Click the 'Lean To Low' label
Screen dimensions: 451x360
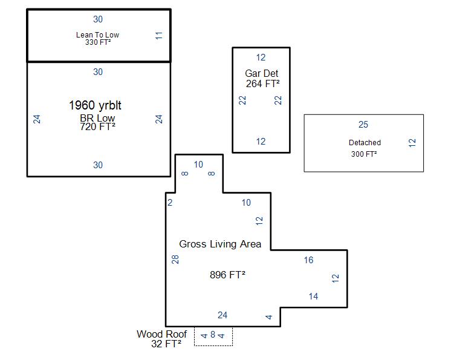tap(97, 35)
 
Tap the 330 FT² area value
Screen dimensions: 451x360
tap(98, 42)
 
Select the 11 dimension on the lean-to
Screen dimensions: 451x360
tap(159, 36)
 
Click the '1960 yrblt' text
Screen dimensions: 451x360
tap(95, 105)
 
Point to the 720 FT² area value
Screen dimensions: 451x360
tap(97, 126)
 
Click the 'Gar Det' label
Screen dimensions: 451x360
tap(261, 73)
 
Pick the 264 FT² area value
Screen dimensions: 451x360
tap(262, 83)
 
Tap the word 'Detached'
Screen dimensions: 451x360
tap(365, 142)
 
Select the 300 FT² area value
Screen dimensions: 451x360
tap(364, 154)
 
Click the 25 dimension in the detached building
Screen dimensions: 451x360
tap(363, 124)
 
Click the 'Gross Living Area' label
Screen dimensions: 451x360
tap(220, 244)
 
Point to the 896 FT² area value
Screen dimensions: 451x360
tap(227, 275)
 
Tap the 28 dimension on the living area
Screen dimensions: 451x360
tap(175, 260)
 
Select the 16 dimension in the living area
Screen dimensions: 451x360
tap(308, 260)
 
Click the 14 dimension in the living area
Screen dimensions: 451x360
tap(314, 296)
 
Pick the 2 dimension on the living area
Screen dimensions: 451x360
tap(170, 203)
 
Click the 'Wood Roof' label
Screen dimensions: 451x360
tap(161, 334)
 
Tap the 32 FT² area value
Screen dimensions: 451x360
tap(166, 344)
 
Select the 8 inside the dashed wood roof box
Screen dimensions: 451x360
tap(213, 335)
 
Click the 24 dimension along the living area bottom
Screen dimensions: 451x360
tap(222, 315)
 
